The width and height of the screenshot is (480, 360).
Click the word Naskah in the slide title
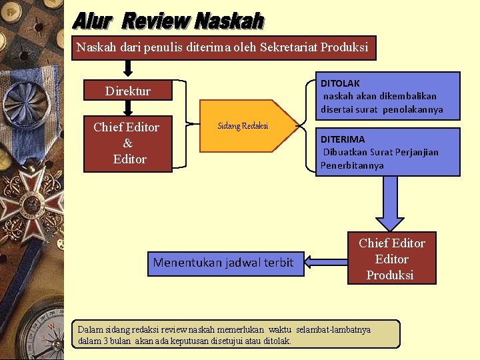[229, 21]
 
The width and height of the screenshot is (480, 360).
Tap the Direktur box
[127, 91]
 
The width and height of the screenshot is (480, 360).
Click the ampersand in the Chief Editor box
[127, 143]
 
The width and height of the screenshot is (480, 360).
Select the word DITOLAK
[340, 83]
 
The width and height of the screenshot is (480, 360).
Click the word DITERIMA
[343, 139]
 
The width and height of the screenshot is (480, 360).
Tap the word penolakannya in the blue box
[414, 109]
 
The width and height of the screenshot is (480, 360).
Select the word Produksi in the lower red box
[390, 275]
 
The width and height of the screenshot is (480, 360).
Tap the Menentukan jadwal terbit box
[223, 263]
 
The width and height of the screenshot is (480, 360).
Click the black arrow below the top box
[128, 68]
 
